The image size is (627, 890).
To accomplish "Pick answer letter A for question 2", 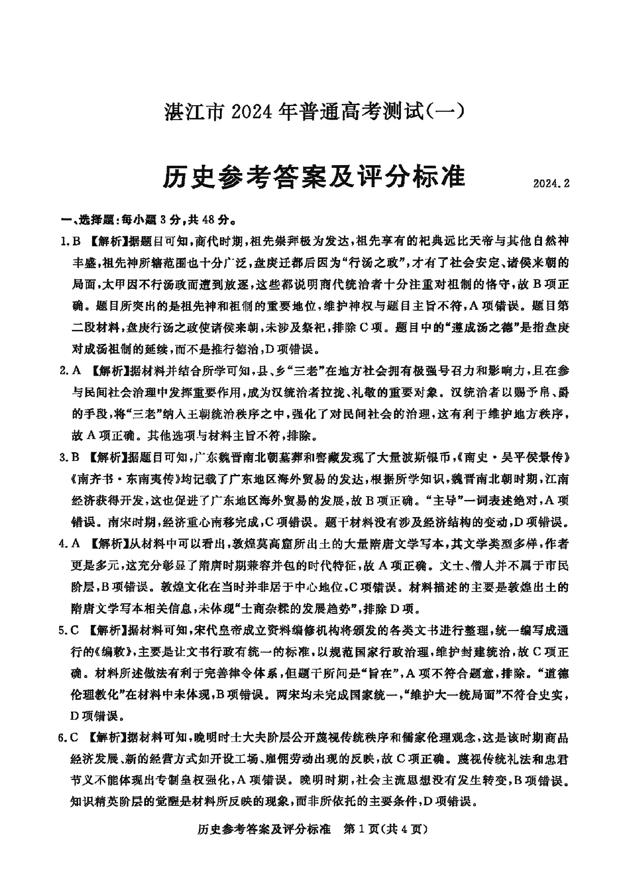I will (x=76, y=371).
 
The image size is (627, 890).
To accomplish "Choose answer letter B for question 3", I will (x=75, y=457).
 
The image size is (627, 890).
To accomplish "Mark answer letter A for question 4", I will (x=75, y=544).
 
